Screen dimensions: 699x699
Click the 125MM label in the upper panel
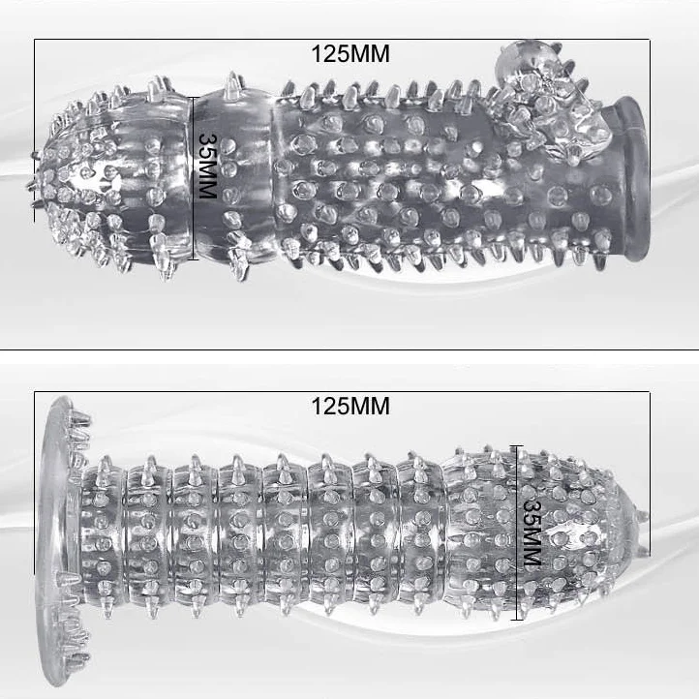350,54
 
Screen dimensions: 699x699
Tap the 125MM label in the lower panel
350,406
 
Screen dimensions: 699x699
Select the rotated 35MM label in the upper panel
206,166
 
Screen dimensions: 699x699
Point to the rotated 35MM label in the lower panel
532,533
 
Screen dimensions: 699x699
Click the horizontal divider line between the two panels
349,349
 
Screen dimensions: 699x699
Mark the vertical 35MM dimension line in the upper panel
194,178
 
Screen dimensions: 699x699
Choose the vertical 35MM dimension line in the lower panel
517,532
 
